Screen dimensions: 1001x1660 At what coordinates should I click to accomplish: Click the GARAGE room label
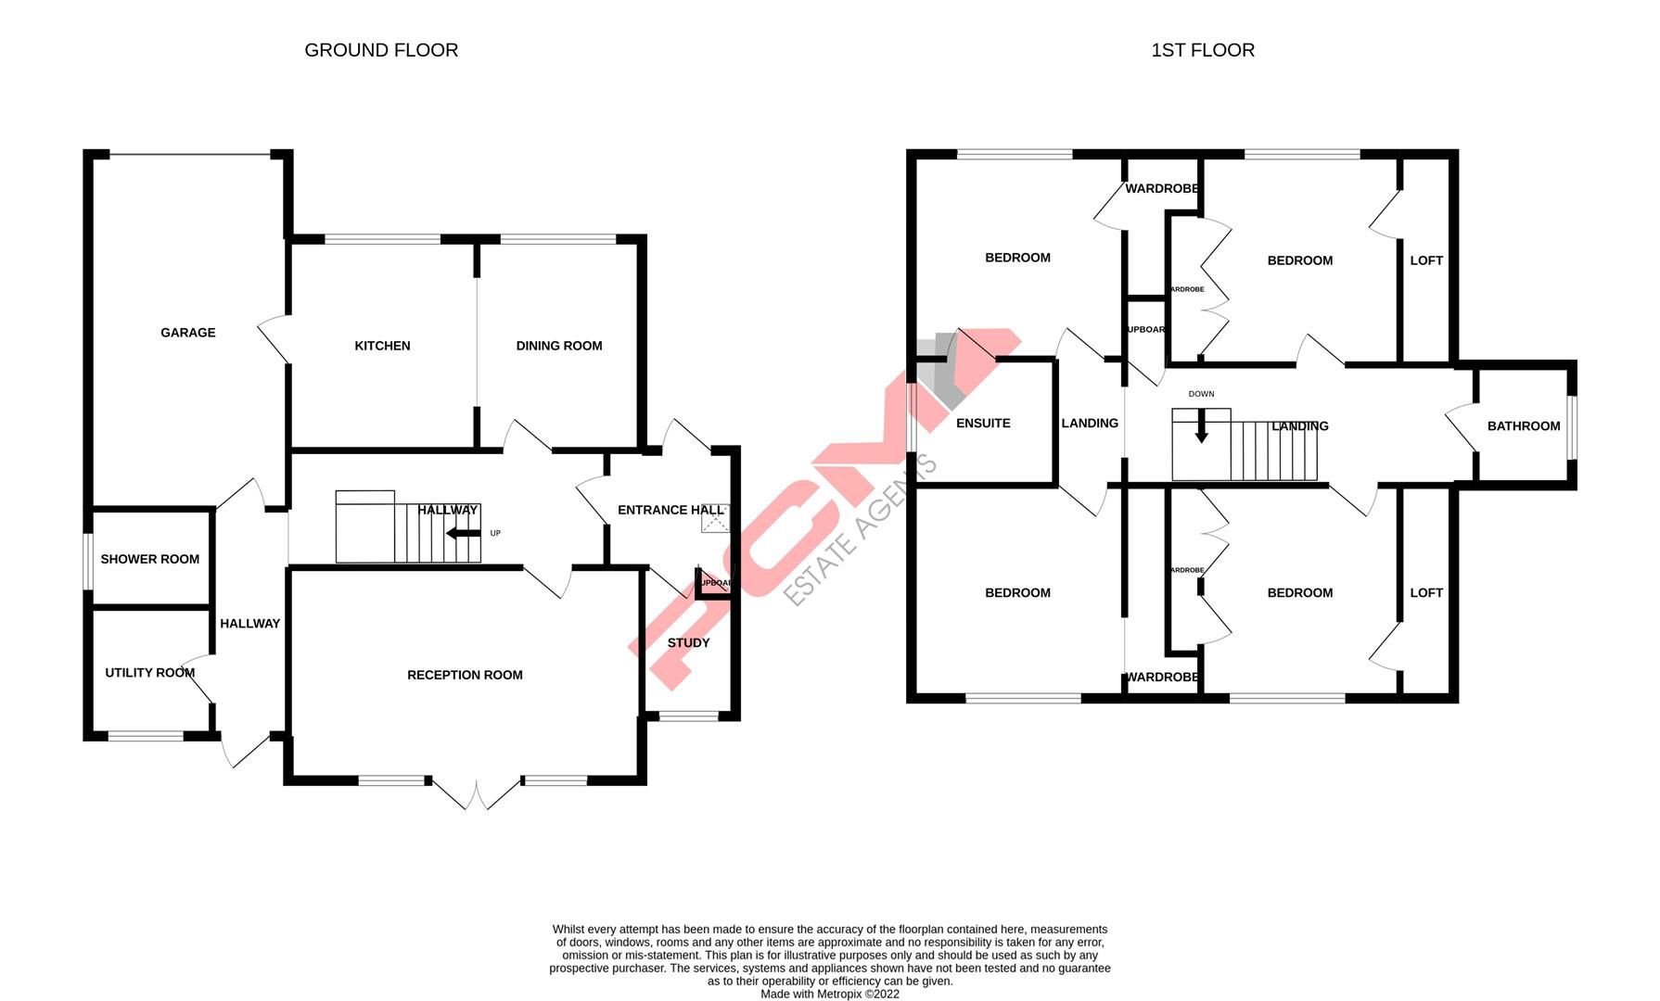coord(187,333)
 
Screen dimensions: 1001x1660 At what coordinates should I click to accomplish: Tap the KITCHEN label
coord(382,346)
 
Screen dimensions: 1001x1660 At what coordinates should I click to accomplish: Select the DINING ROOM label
coord(559,346)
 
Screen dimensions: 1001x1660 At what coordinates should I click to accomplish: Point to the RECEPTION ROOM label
coord(465,675)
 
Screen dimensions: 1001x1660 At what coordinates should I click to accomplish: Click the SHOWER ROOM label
coord(149,559)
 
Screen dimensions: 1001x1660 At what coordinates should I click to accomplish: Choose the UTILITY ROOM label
coord(149,673)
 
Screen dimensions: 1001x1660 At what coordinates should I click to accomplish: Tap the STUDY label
coord(688,642)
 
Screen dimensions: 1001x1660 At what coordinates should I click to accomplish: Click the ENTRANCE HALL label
coord(670,510)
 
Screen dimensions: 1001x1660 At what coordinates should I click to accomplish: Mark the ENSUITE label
coord(983,423)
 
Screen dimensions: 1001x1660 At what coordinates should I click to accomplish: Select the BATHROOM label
coord(1524,426)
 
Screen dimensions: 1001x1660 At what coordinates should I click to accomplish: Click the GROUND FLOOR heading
coord(381,50)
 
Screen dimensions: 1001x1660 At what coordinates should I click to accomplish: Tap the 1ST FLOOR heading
coord(1203,50)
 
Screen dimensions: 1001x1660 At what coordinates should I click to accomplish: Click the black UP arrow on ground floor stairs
coord(463,533)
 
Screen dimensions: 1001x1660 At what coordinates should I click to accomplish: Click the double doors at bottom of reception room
coord(476,794)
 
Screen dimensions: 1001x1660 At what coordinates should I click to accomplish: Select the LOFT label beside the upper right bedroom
coord(1426,260)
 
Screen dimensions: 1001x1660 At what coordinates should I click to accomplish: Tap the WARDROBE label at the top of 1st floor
coord(1161,188)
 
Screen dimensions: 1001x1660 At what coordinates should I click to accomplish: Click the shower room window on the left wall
coord(88,560)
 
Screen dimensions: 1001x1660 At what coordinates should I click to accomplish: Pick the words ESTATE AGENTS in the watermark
coord(862,529)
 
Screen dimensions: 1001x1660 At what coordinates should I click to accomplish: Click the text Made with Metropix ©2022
coord(829,994)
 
